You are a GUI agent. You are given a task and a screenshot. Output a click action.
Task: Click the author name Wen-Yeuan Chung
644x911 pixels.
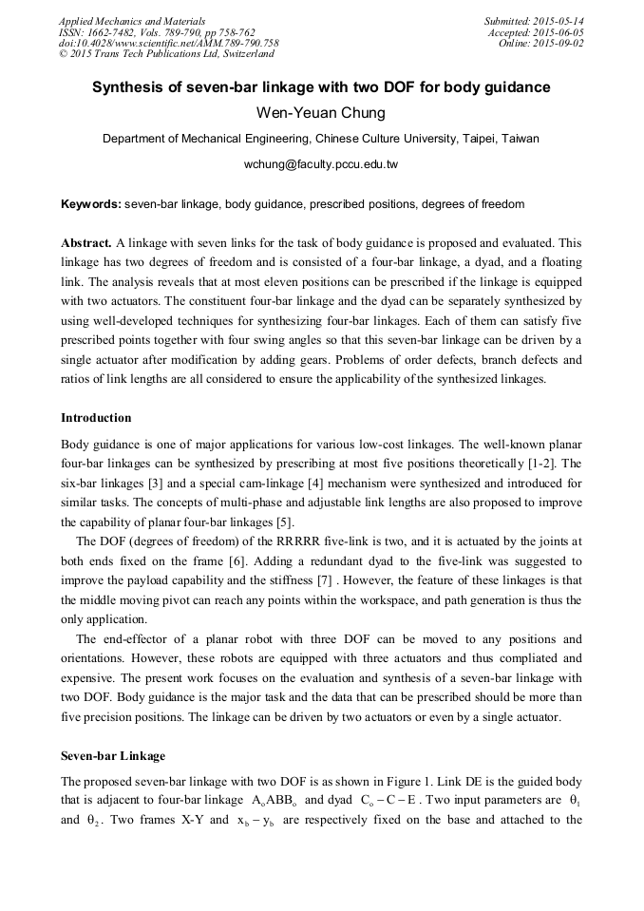click(321, 113)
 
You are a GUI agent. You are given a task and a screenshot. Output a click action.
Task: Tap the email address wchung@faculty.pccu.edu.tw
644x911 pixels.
click(321, 164)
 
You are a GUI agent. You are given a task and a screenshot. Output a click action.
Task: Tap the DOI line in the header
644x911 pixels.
click(169, 43)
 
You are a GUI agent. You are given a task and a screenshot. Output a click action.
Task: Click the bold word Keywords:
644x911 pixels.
click(91, 204)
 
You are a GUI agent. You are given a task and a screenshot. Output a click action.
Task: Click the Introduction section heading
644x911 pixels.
click(96, 418)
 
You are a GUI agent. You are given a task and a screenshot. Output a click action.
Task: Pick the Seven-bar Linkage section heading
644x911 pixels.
click(113, 756)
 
